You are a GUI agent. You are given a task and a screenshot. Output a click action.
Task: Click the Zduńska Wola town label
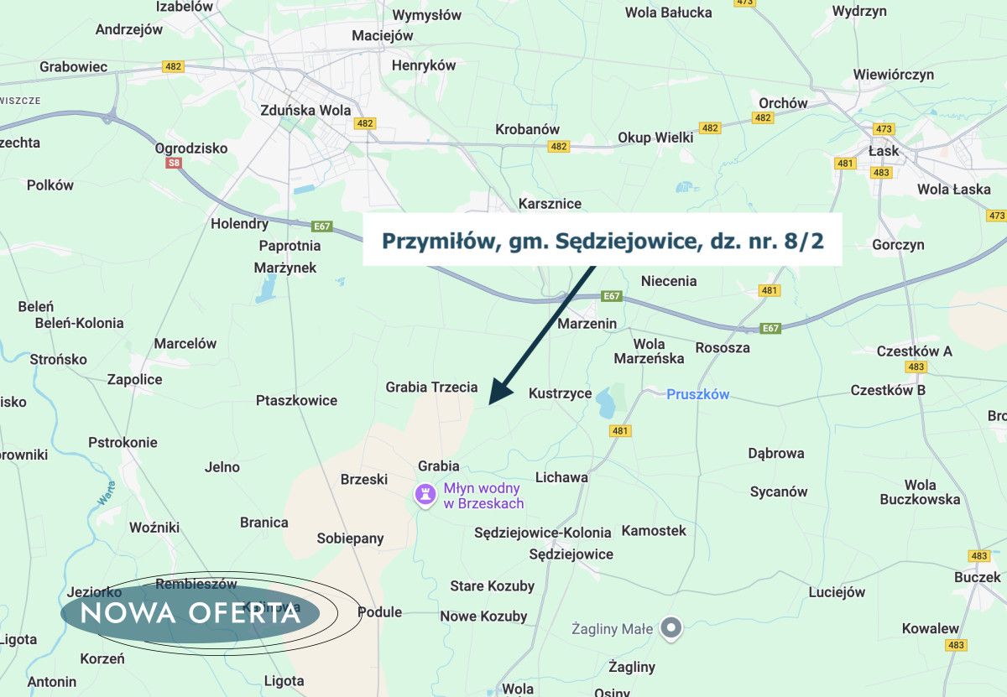(x=305, y=110)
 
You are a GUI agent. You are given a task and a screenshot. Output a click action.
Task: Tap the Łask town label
(x=884, y=151)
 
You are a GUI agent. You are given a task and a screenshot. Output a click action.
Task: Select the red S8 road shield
(x=174, y=163)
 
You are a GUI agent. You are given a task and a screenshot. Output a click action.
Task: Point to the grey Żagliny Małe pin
(x=670, y=627)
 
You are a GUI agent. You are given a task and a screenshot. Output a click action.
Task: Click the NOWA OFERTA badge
(x=190, y=613)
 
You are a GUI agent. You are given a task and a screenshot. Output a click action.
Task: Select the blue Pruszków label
(x=698, y=394)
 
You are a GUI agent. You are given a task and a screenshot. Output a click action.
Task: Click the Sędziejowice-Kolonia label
(x=543, y=533)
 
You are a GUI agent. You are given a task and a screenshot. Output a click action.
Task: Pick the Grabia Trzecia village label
(x=431, y=388)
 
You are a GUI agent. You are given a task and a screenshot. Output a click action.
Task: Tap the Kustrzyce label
(x=560, y=393)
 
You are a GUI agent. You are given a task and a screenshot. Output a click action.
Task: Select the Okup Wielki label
(x=655, y=138)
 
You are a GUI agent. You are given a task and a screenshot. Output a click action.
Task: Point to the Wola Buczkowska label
(x=920, y=492)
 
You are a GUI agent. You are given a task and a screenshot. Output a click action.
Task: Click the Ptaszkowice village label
(x=296, y=400)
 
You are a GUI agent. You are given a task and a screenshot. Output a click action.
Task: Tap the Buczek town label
(x=978, y=577)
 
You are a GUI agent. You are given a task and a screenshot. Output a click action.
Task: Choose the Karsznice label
(x=550, y=204)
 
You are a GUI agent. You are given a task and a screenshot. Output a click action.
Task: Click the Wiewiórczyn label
(x=893, y=75)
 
